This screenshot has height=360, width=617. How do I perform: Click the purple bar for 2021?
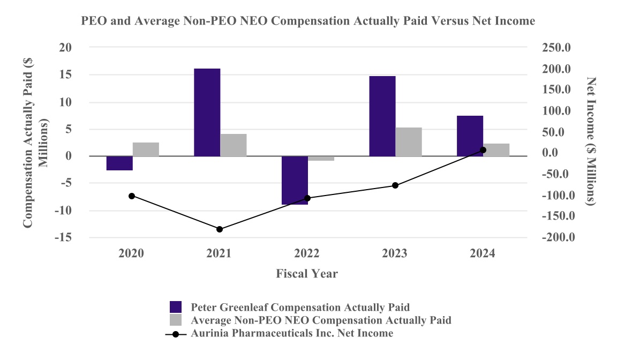click(x=207, y=112)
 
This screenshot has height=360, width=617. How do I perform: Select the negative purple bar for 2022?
click(x=295, y=180)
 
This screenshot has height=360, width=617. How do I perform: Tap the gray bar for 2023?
click(x=409, y=142)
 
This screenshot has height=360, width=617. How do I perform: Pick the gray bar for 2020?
click(x=146, y=149)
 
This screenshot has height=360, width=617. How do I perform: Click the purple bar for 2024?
click(x=470, y=136)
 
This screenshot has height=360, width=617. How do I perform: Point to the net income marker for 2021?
click(x=220, y=229)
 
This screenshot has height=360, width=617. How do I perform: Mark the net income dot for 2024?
click(x=483, y=150)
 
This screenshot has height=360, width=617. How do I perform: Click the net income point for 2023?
click(x=395, y=185)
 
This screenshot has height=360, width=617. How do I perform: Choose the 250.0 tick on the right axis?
click(x=557, y=48)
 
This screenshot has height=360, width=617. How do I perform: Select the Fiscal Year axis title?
click(x=307, y=274)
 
